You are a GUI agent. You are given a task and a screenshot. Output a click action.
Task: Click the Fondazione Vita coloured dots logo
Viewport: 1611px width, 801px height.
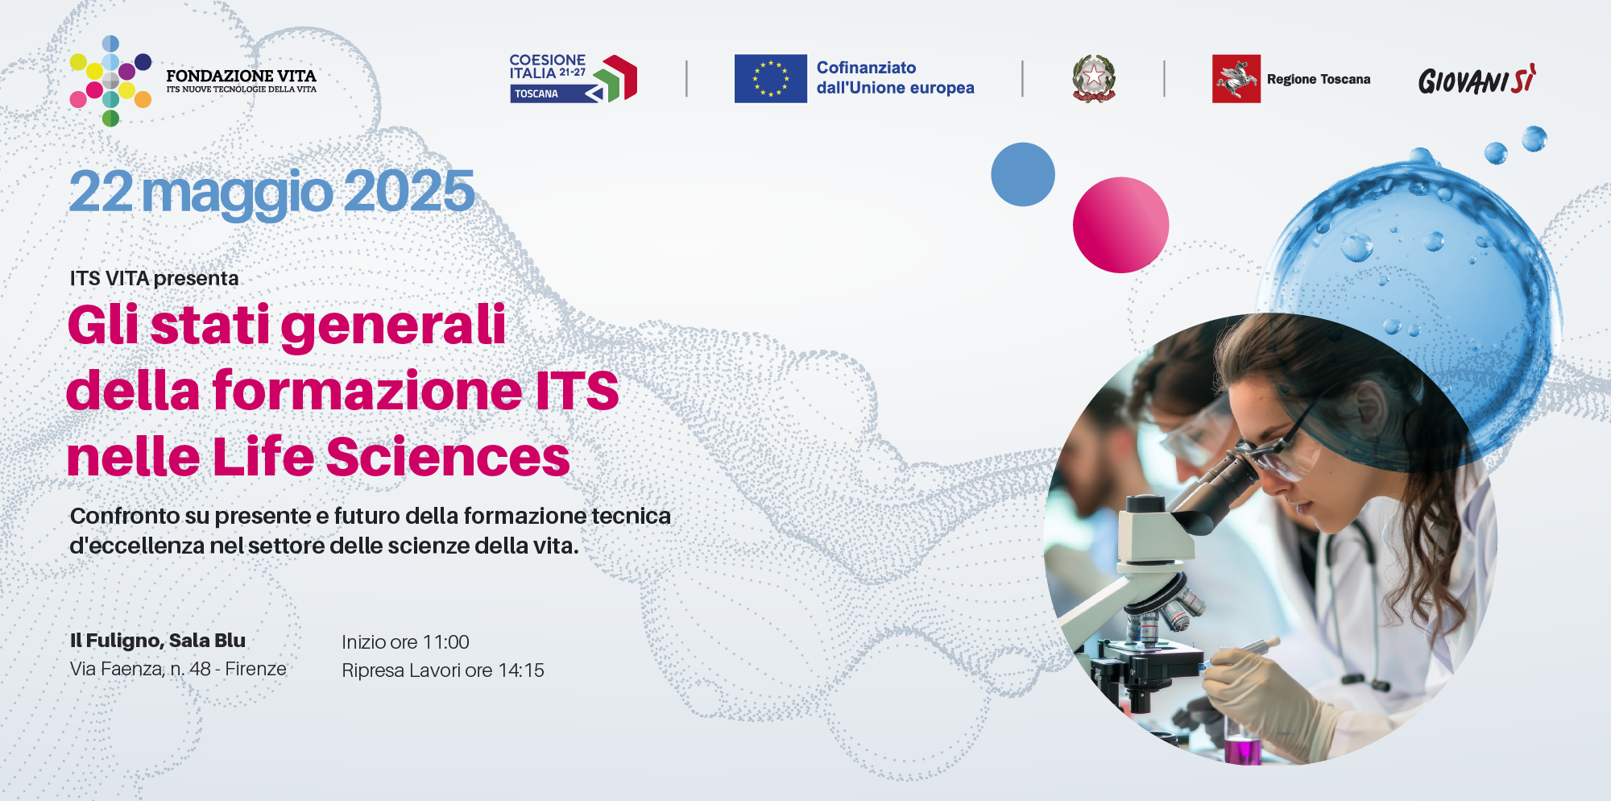[x=110, y=81]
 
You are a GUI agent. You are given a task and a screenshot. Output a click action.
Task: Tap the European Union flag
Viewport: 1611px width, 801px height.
[x=770, y=78]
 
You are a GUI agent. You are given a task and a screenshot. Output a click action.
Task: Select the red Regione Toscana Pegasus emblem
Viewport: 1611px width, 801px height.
[x=1236, y=78]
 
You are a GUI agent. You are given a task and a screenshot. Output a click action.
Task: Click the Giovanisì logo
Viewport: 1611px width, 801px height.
[x=1477, y=80]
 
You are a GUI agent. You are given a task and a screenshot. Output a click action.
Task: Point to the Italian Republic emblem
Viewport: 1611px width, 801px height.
[x=1093, y=78]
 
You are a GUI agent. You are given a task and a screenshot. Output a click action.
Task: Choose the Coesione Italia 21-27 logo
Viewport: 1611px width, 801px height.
[x=573, y=78]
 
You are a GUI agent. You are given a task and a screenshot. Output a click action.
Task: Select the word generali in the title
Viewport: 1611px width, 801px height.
[x=393, y=326]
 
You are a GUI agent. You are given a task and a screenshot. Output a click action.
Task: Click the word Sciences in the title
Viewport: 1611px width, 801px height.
[x=448, y=457]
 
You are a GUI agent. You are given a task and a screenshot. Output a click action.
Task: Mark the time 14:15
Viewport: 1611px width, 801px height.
[x=521, y=670]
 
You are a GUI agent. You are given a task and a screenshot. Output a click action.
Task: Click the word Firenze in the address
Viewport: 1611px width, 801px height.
[x=255, y=669]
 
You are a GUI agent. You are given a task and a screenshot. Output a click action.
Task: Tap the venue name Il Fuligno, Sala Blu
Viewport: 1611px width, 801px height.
[x=158, y=641]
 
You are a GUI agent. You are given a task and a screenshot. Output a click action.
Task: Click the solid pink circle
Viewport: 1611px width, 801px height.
[x=1120, y=225]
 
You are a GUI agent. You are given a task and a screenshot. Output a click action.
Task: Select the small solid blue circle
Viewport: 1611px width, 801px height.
[x=1023, y=175]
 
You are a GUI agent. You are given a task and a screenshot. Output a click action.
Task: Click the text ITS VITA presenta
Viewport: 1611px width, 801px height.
[x=154, y=279]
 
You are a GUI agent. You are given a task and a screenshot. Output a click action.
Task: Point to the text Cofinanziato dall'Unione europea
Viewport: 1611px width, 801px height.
[x=895, y=77]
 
